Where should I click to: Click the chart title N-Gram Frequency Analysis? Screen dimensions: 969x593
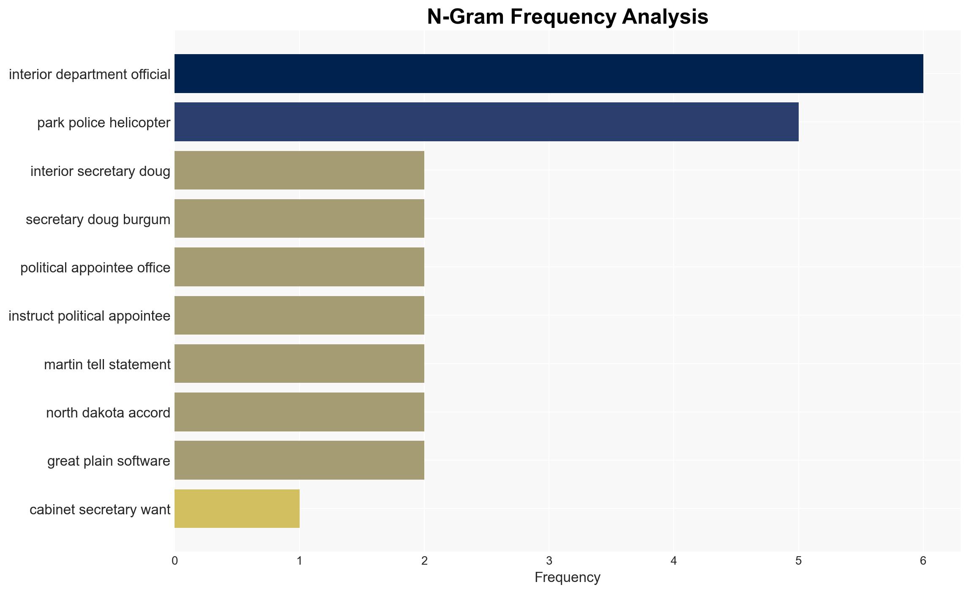click(568, 17)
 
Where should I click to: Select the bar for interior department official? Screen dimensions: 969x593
click(549, 74)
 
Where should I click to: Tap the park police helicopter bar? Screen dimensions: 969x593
click(486, 122)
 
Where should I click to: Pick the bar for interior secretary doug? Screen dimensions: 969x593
click(299, 170)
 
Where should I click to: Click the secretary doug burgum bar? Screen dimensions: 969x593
click(299, 219)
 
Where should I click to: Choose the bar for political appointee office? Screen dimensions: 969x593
click(299, 267)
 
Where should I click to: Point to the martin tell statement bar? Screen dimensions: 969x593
click(299, 364)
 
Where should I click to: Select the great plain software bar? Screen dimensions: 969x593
click(299, 460)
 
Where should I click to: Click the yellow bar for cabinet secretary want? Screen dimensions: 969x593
click(237, 509)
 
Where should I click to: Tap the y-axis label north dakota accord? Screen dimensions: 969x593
click(108, 412)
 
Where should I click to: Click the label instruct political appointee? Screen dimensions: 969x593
click(90, 316)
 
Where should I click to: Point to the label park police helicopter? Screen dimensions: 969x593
click(104, 123)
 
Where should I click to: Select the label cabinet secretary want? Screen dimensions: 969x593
click(100, 510)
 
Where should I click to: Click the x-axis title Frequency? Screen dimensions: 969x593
click(568, 577)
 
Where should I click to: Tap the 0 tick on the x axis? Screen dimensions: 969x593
click(175, 561)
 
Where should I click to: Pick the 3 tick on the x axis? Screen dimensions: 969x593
click(549, 561)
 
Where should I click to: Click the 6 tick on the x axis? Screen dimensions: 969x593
click(923, 561)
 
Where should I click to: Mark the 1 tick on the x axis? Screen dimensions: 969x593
click(300, 561)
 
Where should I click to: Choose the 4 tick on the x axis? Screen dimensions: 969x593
click(674, 561)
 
